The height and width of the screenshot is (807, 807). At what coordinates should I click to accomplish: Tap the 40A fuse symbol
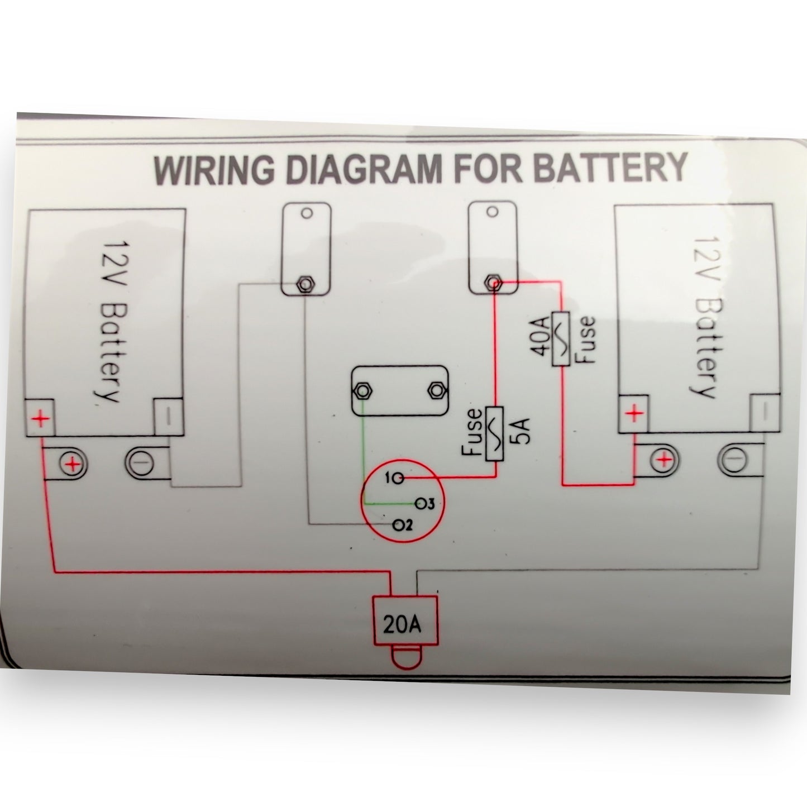[560, 339]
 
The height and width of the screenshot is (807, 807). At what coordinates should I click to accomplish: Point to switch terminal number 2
[397, 524]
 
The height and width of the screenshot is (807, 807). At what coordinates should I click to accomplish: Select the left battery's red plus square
[39, 418]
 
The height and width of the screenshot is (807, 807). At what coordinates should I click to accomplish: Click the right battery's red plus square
[633, 414]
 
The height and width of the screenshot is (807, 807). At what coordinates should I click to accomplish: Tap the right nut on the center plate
[435, 390]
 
